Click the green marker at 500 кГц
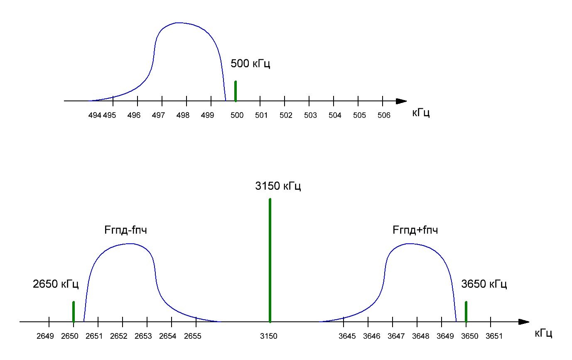pyautogui.click(x=236, y=91)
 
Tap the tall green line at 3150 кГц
pyautogui.click(x=270, y=260)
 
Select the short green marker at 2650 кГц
pyautogui.click(x=74, y=312)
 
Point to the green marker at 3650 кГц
pyautogui.click(x=466, y=312)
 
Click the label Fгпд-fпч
pyautogui.click(x=125, y=230)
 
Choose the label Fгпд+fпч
pyautogui.click(x=415, y=230)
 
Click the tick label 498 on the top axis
pyautogui.click(x=183, y=115)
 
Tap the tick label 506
pyautogui.click(x=384, y=115)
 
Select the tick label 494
pyautogui.click(x=95, y=115)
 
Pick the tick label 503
pyautogui.click(x=310, y=115)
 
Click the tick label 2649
pyautogui.click(x=45, y=336)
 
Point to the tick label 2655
pyautogui.click(x=193, y=336)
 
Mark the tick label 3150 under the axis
pyautogui.click(x=269, y=336)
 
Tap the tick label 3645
pyautogui.click(x=347, y=336)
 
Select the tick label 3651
pyautogui.click(x=494, y=336)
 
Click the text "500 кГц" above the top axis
pyautogui.click(x=250, y=64)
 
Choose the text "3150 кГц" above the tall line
pyautogui.click(x=278, y=186)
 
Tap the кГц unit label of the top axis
pyautogui.click(x=421, y=113)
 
